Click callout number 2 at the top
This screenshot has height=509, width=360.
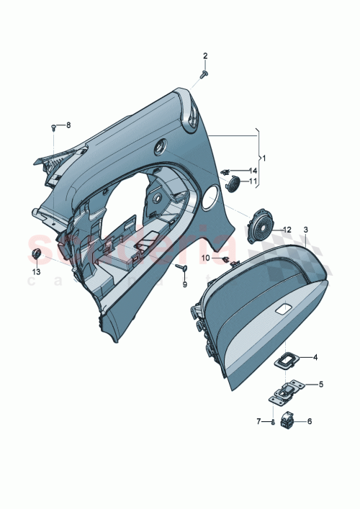tap(204, 56)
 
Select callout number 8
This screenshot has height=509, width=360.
tap(69, 125)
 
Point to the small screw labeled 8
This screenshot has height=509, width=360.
tap(54, 127)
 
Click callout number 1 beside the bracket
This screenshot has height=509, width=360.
tap(264, 157)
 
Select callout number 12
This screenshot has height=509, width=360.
tap(287, 230)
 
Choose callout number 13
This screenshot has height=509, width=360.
tap(36, 274)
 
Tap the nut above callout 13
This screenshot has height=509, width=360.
tap(37, 255)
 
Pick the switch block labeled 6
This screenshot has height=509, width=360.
tap(289, 420)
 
